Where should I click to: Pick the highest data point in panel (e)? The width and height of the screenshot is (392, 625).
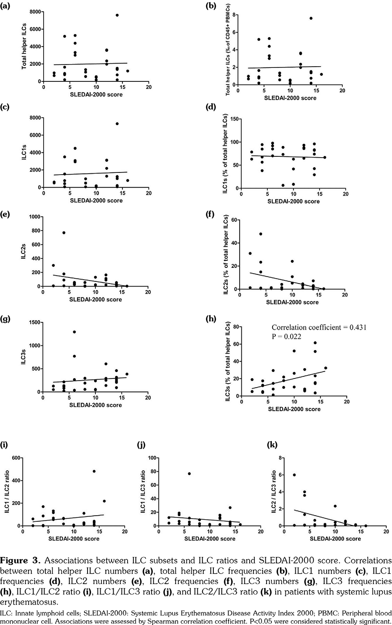coord(64,233)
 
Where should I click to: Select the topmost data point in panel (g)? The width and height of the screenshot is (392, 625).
coord(74,332)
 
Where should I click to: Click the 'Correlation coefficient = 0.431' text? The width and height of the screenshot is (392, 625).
coord(319,328)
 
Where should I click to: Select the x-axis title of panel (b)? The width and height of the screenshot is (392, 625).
coord(290,98)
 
